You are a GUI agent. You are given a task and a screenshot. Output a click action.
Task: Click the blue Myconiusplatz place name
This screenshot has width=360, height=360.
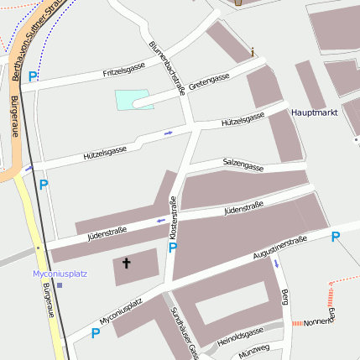pos(60,274)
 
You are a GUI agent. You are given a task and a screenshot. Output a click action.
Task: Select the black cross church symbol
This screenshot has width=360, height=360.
pos(127,263)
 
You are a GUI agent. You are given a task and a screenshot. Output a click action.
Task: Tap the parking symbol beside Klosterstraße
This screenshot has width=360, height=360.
pos(173,248)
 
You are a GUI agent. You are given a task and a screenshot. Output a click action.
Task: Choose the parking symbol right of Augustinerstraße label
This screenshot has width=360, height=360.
pos(335,237)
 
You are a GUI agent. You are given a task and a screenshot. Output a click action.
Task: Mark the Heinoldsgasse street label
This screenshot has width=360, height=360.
pos(239,337)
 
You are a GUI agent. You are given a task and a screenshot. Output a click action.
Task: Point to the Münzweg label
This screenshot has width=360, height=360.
pos(253,349)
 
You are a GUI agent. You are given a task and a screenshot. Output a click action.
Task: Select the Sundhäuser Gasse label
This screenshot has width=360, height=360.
pos(183,332)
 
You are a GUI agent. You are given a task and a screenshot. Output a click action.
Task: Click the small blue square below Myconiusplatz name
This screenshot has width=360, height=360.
pos(60,284)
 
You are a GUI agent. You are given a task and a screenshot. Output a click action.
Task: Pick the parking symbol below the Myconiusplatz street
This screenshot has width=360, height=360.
pos(95,333)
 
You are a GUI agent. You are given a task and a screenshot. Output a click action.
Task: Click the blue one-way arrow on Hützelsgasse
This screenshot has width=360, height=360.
pos(169,133)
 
